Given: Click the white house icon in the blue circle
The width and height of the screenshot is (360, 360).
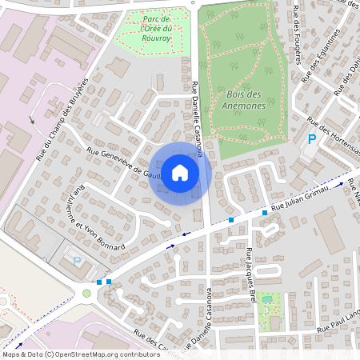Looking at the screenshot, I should pyautogui.click(x=180, y=172).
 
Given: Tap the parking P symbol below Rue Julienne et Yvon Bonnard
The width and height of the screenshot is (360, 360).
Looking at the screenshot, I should pyautogui.click(x=77, y=261).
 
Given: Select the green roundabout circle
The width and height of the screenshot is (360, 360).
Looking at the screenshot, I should pyautogui.click(x=86, y=293).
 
